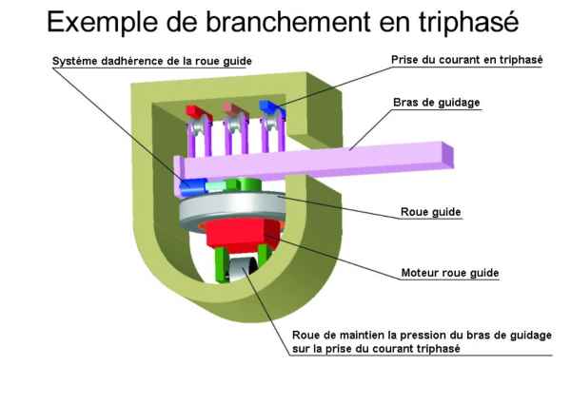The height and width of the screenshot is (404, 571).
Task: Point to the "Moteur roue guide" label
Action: [x=448, y=272]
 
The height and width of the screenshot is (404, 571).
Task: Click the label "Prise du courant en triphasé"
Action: [x=466, y=59]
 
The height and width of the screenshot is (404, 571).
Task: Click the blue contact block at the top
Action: [x=270, y=107]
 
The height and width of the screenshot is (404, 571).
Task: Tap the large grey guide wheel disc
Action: [x=228, y=211]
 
